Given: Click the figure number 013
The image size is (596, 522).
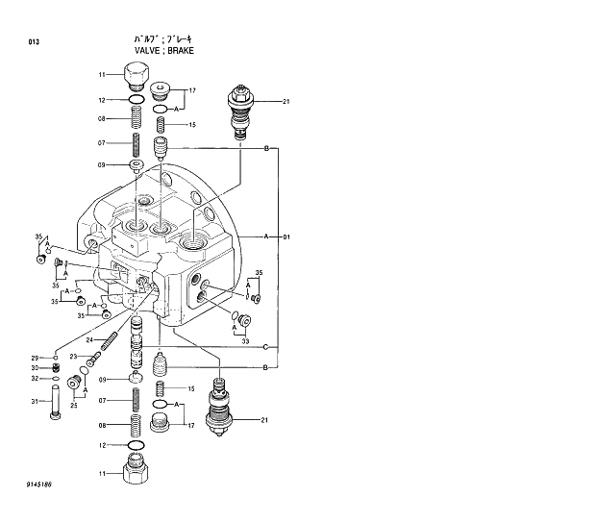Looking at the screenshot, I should point(34,42).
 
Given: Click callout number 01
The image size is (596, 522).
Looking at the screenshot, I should point(286,236).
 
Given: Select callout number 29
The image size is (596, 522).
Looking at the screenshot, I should point(34,358).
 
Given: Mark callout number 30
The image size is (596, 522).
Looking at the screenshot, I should point(34,368).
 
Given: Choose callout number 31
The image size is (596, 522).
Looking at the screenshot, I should point(34,402).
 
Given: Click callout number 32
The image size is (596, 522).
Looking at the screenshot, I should point(34,379).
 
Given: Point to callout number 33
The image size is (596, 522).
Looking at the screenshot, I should point(246,340).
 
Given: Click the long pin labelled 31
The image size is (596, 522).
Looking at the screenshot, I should point(57,402).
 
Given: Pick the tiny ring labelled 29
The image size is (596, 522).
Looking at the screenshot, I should point(57,357).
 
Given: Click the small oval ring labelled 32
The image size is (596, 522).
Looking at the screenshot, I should point(57,379).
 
